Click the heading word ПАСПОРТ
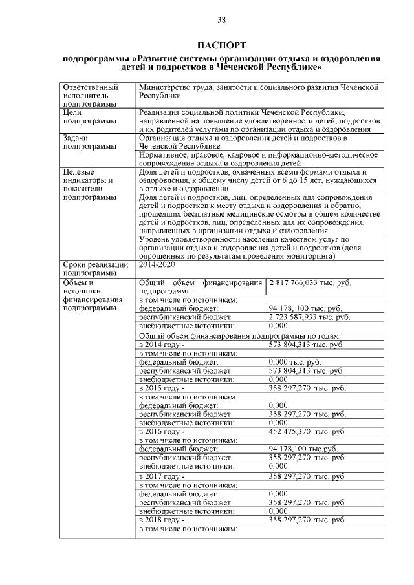click(x=221, y=46)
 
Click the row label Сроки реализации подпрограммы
click(x=95, y=269)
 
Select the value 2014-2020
click(x=157, y=265)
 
